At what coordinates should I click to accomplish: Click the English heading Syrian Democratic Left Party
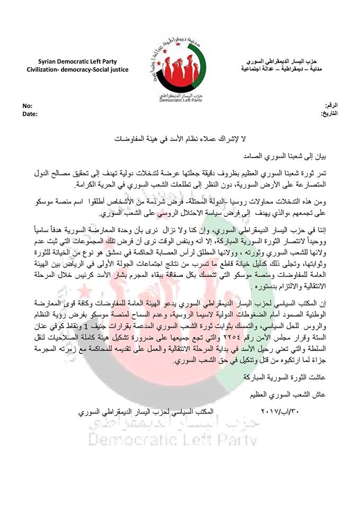(77, 62)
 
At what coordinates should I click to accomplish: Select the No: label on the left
(27, 107)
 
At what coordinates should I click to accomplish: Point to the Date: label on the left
(30, 113)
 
